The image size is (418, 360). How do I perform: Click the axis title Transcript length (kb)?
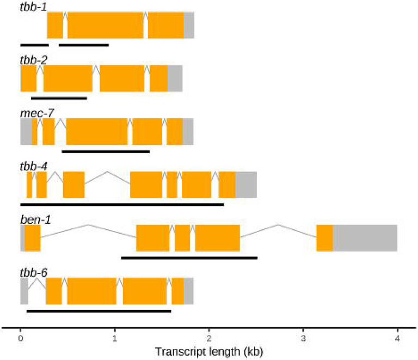tap(209, 351)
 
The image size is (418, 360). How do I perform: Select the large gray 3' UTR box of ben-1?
tap(365, 238)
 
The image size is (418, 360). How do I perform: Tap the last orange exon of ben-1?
tap(324, 238)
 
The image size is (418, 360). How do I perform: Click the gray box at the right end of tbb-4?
tap(245, 185)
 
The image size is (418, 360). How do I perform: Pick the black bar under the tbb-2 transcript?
tap(59, 99)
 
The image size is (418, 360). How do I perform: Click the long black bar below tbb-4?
tap(122, 204)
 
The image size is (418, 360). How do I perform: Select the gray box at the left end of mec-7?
tap(26, 132)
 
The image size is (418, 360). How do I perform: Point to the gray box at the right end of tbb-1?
tap(188, 25)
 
